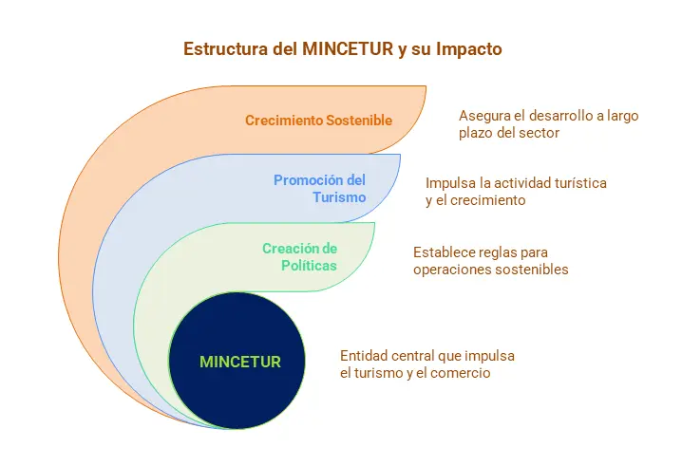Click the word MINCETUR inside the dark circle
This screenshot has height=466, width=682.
pyautogui.click(x=240, y=362)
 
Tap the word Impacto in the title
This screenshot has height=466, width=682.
pyautogui.click(x=469, y=49)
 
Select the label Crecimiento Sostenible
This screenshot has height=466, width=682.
pyautogui.click(x=319, y=121)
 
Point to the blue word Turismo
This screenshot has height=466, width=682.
pyautogui.click(x=339, y=197)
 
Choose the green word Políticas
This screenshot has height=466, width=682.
pyautogui.click(x=309, y=265)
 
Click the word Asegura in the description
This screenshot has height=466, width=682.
pyautogui.click(x=483, y=116)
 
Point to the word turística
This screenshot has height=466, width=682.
pyautogui.click(x=580, y=183)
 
